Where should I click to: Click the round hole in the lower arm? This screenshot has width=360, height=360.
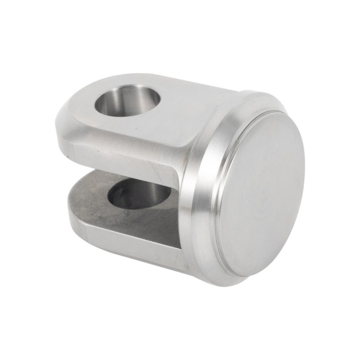pyautogui.click(x=139, y=193)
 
